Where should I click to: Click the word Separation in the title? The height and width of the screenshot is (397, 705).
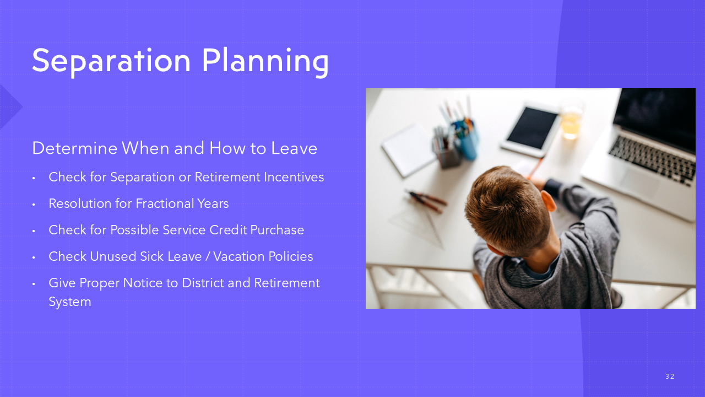coord(111,61)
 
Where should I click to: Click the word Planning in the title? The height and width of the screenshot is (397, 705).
coord(265,61)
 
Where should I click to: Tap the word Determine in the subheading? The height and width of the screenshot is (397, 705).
coord(75,148)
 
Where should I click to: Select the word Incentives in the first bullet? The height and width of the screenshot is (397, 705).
coord(294,177)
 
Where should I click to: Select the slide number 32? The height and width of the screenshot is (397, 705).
coord(670,377)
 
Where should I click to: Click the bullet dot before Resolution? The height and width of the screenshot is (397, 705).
coord(34,205)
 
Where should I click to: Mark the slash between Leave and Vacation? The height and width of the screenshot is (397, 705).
coord(208,256)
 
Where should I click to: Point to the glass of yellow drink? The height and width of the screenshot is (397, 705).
coord(571,123)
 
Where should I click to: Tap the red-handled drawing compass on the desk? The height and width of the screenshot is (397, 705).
coord(427,201)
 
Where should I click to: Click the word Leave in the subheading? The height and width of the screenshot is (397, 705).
coord(294,148)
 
